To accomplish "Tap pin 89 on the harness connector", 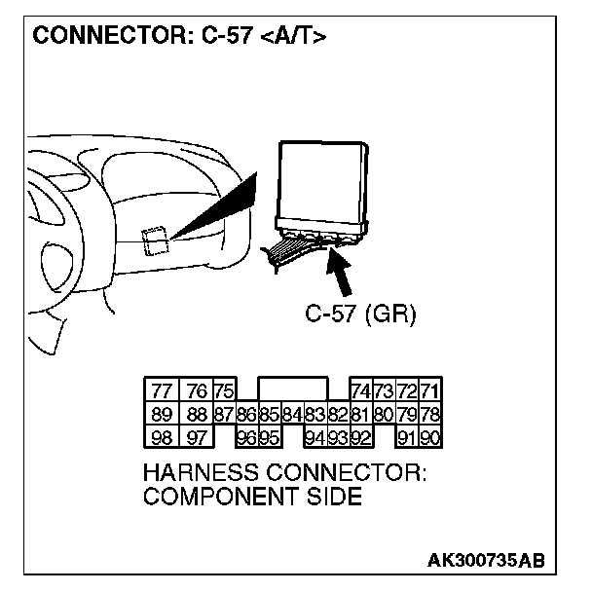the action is [159, 412].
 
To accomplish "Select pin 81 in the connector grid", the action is [360, 412].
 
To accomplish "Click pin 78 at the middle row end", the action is [428, 412].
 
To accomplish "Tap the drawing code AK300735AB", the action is [485, 561].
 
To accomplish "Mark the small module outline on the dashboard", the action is [153, 239].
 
